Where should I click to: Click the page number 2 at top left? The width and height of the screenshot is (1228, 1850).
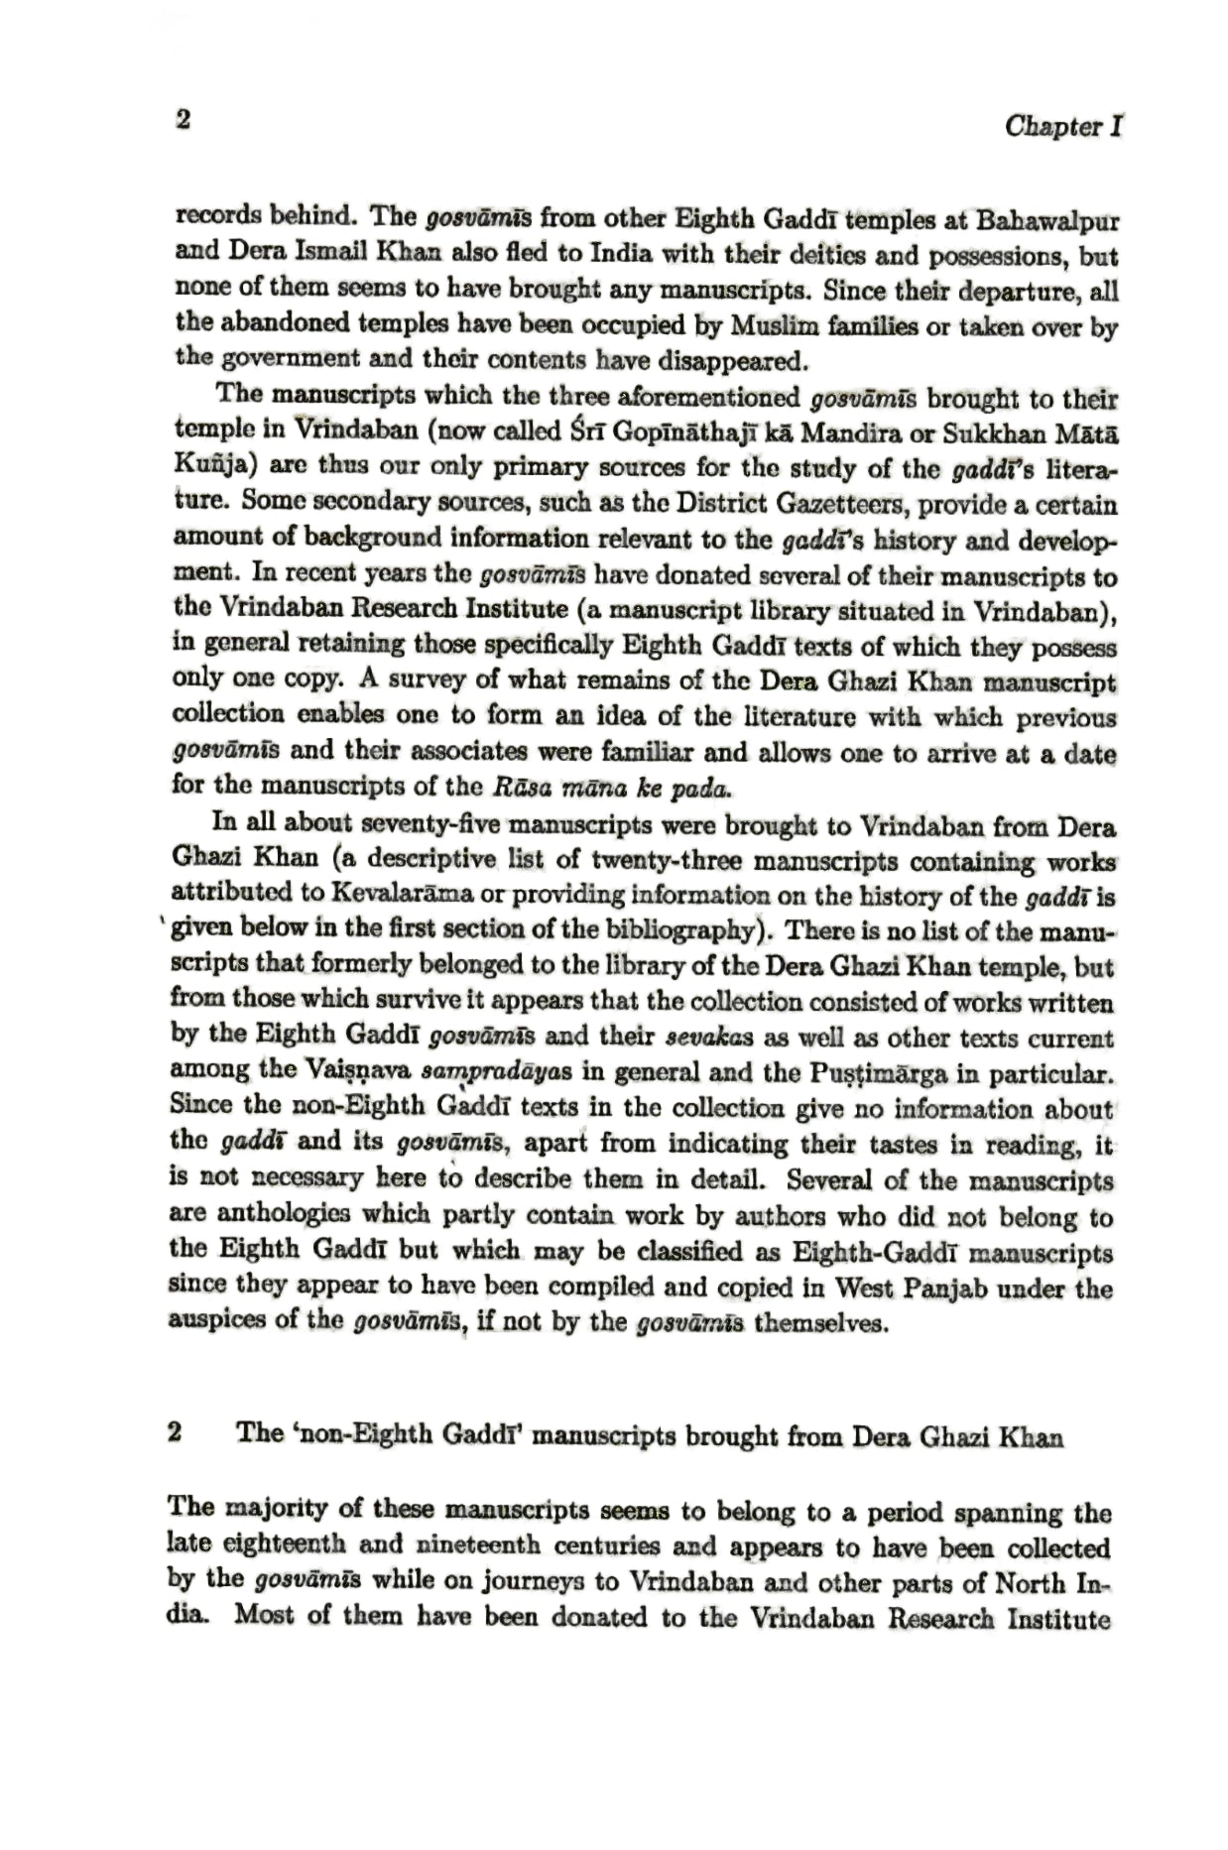tap(183, 121)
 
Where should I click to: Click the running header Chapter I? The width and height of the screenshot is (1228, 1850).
tap(1062, 127)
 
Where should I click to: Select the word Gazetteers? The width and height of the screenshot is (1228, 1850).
tap(833, 505)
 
